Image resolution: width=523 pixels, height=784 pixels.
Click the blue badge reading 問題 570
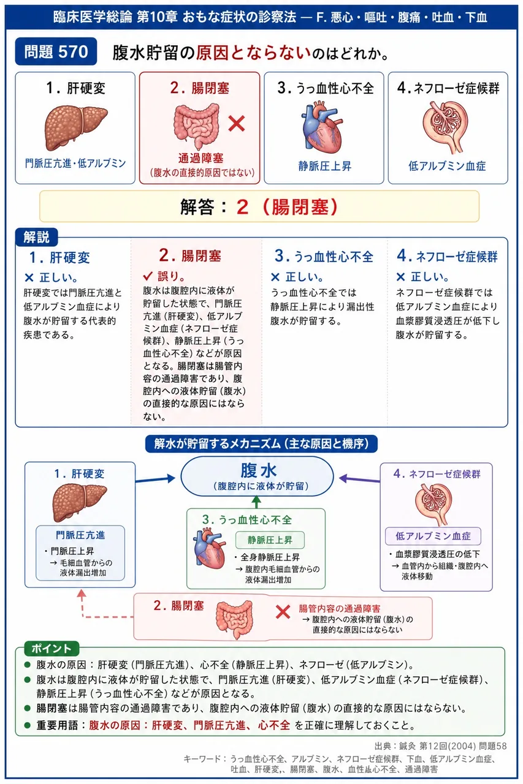56,51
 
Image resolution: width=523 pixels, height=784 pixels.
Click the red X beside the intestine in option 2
237,124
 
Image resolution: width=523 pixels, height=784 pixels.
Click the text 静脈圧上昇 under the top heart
325,166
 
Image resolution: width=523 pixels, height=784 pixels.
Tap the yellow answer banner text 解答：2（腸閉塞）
259,206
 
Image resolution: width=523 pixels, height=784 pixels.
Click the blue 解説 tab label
36,237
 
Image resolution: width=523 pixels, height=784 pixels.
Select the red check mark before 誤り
148,276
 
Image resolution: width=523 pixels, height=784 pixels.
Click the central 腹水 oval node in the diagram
257,476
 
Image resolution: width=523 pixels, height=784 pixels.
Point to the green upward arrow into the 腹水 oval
257,502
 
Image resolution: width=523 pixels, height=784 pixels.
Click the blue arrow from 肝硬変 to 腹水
155,479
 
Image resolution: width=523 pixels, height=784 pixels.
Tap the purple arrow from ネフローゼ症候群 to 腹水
359,479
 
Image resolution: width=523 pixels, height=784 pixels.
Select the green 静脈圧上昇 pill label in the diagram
270,540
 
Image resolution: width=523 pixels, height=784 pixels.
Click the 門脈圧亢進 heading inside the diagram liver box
80,535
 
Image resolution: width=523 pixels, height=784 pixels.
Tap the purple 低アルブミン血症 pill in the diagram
433,536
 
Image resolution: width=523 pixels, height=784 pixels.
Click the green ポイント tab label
52,649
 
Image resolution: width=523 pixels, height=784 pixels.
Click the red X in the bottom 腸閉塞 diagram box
283,612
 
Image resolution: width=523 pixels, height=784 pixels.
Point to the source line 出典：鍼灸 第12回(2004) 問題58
441,746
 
